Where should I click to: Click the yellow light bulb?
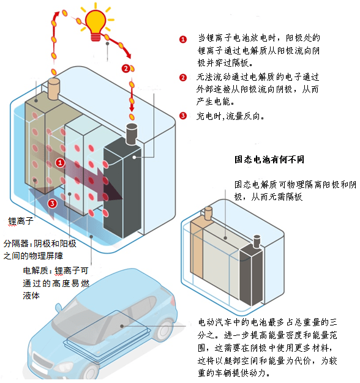pyautogui.click(x=96, y=24)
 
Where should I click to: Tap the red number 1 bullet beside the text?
pyautogui.click(x=183, y=39)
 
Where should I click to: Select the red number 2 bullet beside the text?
pyautogui.click(x=183, y=78)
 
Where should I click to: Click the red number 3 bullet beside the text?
pyautogui.click(x=183, y=116)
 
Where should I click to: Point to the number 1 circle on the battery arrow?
pyautogui.click(x=60, y=162)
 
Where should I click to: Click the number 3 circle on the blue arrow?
pyautogui.click(x=53, y=203)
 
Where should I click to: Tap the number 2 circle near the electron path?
pyautogui.click(x=126, y=69)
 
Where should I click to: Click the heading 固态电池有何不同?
pyautogui.click(x=269, y=159)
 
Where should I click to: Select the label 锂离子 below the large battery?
pyautogui.click(x=21, y=221)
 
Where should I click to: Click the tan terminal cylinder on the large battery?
pyautogui.click(x=53, y=89)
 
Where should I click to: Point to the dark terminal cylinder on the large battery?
pyautogui.click(x=132, y=134)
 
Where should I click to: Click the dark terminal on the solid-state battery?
pyautogui.click(x=257, y=242)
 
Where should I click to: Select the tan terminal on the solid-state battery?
pyautogui.click(x=209, y=214)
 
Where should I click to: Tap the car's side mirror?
pyautogui.click(x=58, y=308)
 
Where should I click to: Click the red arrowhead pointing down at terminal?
pyautogui.click(x=132, y=108)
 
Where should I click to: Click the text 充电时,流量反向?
pyautogui.click(x=230, y=116)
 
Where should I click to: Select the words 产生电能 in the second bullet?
pyautogui.click(x=215, y=102)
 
